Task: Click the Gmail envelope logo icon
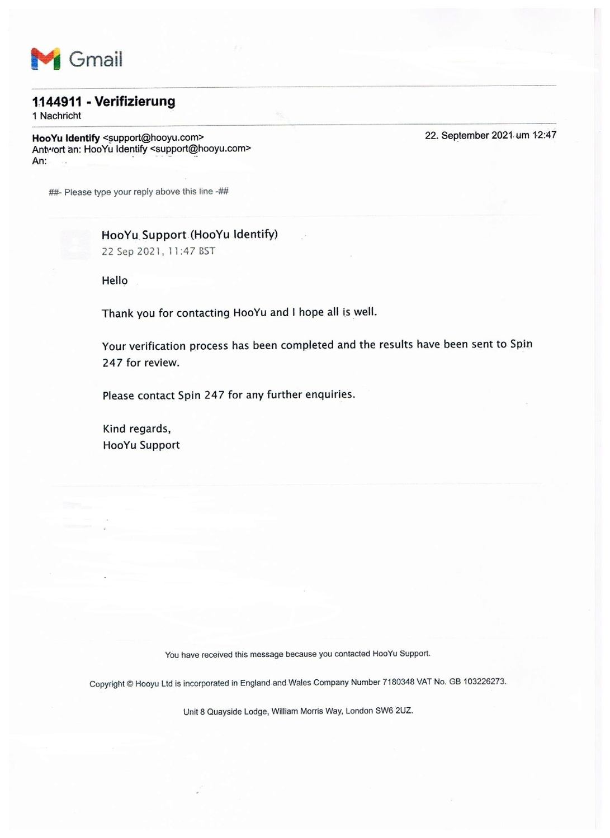[45, 59]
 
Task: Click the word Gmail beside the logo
[96, 59]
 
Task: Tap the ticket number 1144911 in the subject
[57, 102]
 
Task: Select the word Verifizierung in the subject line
[135, 101]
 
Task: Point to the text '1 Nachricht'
[56, 116]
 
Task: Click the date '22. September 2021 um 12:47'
[490, 135]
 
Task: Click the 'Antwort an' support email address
[201, 149]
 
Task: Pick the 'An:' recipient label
[39, 161]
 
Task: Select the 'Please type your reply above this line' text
[139, 192]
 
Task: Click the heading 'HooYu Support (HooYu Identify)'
[190, 235]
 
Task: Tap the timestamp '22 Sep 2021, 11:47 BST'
[158, 251]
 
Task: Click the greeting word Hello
[115, 280]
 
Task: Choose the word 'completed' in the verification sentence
[307, 345]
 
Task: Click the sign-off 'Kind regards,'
[137, 428]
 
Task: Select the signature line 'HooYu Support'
[141, 445]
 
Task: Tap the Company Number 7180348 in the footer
[398, 682]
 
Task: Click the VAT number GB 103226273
[477, 682]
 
